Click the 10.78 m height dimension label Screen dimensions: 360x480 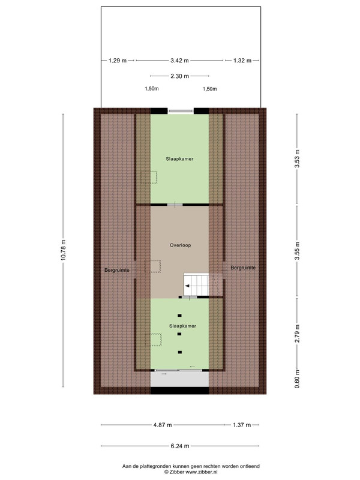(x=64, y=250)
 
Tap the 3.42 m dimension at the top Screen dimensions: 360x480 (x=179, y=61)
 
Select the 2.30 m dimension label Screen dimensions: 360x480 (x=179, y=76)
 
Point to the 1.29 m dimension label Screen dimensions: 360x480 (x=118, y=61)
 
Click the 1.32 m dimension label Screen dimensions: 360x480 (x=242, y=61)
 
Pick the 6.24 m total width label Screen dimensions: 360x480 (x=180, y=446)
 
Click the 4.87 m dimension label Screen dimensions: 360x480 (x=163, y=425)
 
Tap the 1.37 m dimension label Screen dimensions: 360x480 (x=242, y=425)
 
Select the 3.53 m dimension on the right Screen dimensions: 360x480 (x=297, y=158)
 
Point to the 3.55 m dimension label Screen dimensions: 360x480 (x=297, y=251)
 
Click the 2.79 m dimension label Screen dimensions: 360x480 (x=297, y=334)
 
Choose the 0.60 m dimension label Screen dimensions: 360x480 (x=297, y=379)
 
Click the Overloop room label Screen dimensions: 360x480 (x=181, y=245)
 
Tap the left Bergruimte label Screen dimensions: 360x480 (x=117, y=271)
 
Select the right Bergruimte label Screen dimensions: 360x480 (x=243, y=268)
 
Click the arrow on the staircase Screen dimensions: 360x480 (x=187, y=286)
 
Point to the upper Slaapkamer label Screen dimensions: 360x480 (x=179, y=159)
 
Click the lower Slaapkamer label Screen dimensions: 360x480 (x=183, y=326)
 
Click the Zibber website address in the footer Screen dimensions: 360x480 (x=202, y=472)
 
